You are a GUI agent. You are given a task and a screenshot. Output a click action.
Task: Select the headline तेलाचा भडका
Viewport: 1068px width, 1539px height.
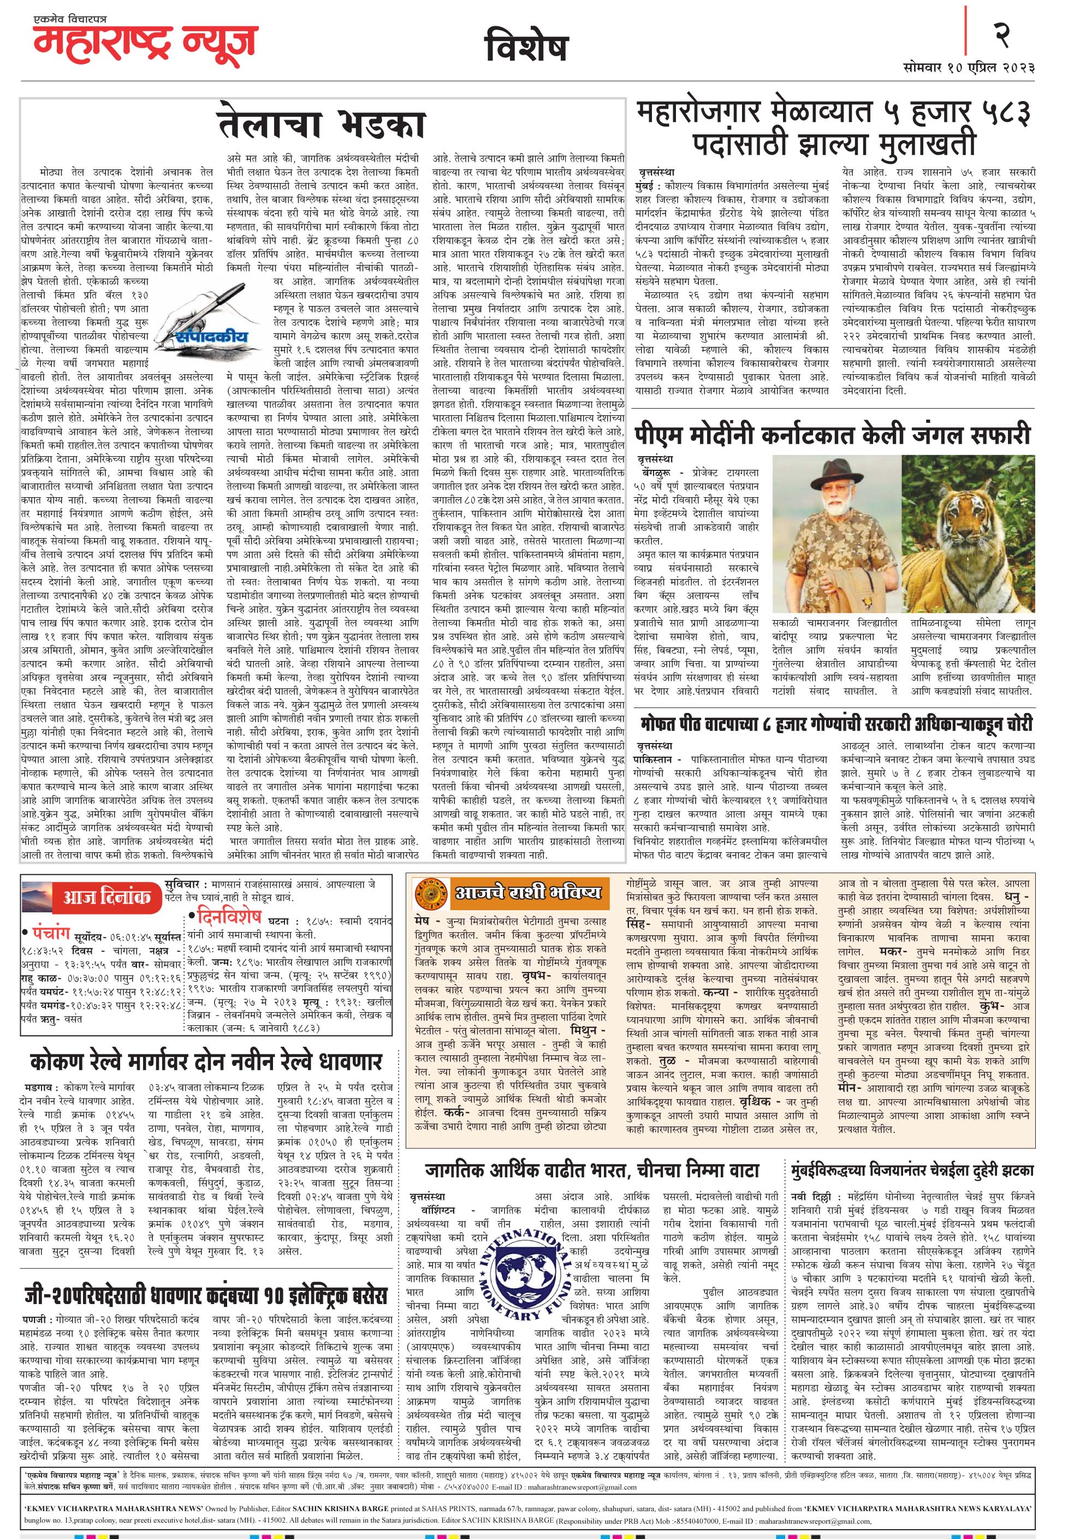tap(322, 125)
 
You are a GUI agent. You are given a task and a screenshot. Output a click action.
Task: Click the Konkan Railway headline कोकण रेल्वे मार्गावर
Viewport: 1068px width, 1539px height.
tap(205, 1061)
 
